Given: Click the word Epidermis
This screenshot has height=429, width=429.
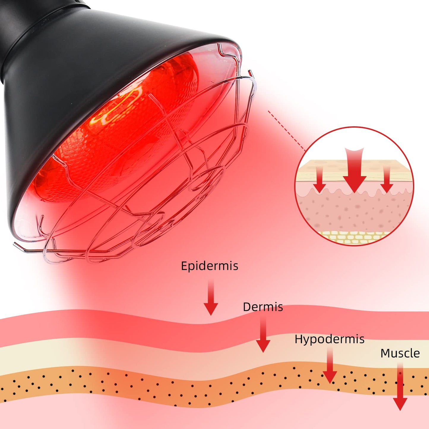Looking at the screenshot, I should click(209, 266).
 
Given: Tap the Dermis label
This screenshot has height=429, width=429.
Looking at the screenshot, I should click(263, 307).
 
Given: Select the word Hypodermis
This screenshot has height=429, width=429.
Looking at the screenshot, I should click(329, 339).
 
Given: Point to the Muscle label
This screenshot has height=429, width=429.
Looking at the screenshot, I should click(400, 353).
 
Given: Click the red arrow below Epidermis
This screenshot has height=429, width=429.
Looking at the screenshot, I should click(211, 298).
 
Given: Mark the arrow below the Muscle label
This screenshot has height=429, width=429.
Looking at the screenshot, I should click(400, 389).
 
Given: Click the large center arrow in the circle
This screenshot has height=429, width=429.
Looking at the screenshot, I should click(354, 171).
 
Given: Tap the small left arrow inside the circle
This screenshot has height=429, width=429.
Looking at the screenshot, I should click(319, 180).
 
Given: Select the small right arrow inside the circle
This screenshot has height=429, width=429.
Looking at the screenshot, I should click(387, 180).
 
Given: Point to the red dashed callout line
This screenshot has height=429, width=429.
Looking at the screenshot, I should click(286, 131).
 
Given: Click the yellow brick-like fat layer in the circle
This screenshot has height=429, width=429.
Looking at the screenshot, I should click(353, 237).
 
